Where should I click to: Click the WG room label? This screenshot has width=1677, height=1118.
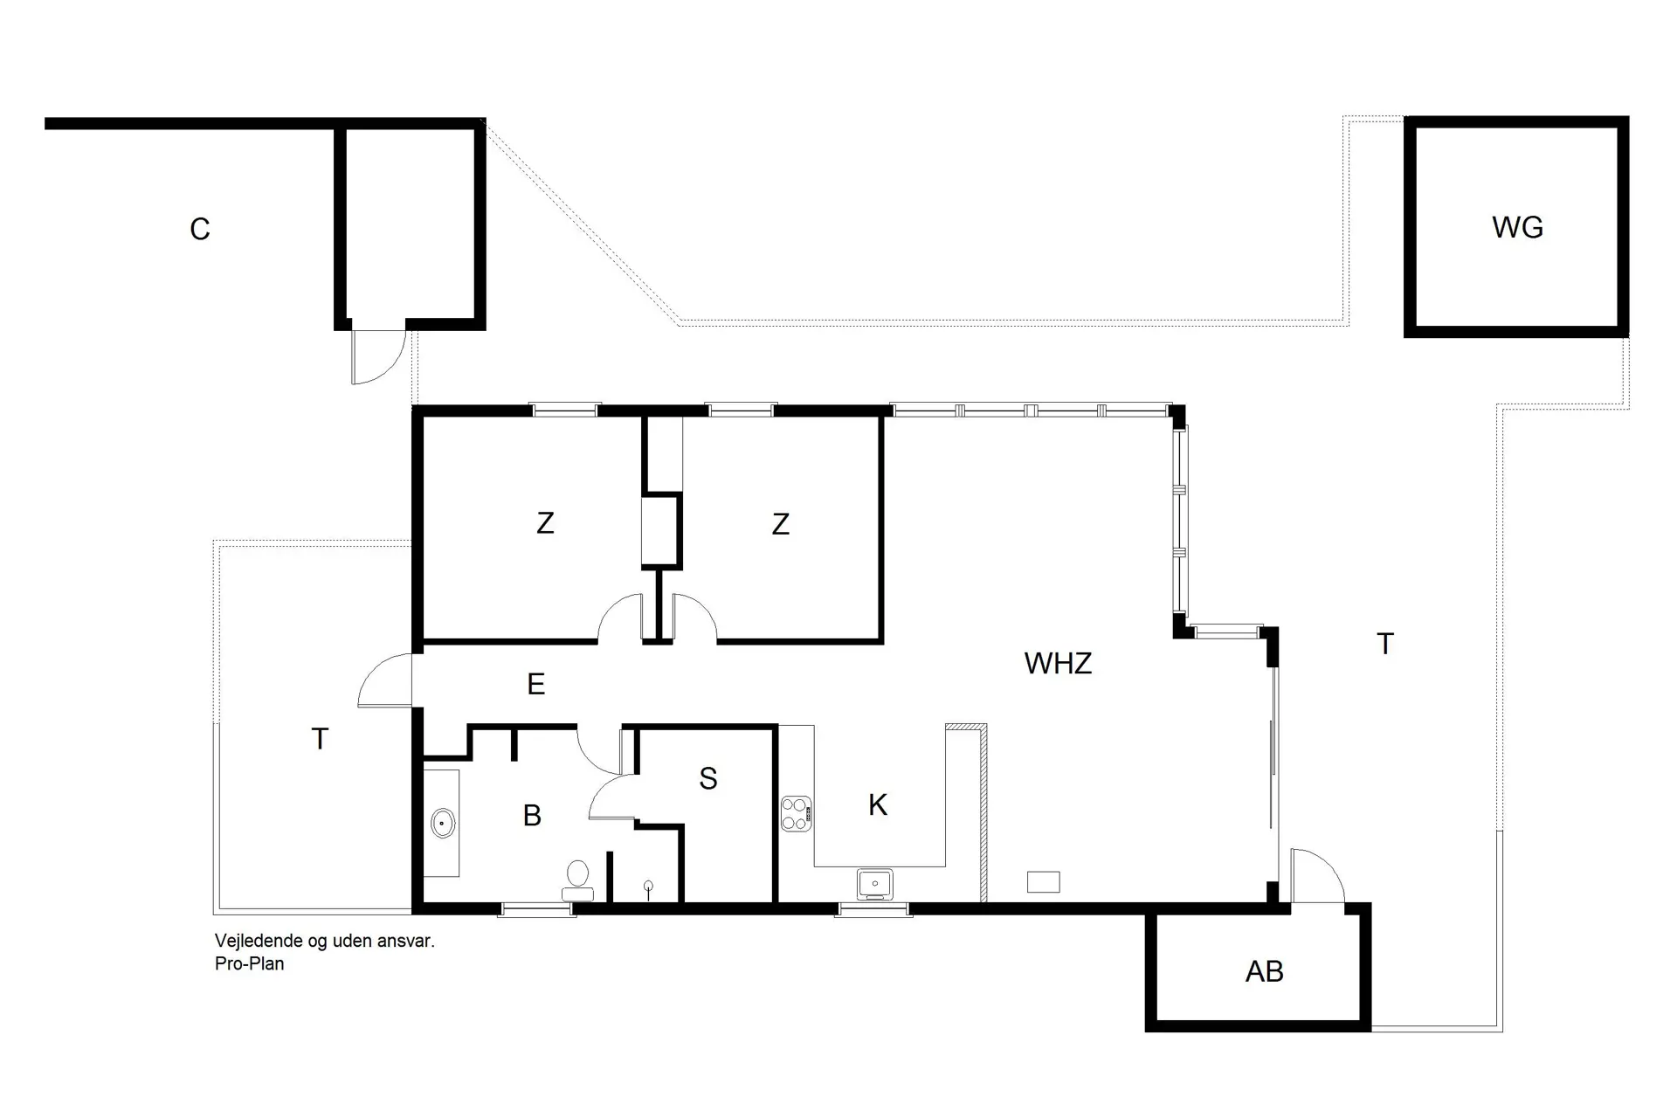pos(1517,227)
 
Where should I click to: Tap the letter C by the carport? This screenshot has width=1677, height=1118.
pos(200,230)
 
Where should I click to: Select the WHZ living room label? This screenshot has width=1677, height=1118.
pos(1058,664)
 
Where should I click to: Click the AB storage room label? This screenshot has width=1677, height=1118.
pos(1264,971)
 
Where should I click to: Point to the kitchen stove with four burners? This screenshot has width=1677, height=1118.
pos(796,813)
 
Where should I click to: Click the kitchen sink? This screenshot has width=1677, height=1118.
pos(874,883)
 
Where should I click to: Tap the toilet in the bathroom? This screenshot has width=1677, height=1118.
pos(577,877)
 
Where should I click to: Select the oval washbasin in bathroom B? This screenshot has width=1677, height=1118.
pos(443,823)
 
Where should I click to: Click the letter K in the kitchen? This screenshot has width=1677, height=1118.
pos(878,804)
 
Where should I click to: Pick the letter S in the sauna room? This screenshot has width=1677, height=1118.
pos(708,778)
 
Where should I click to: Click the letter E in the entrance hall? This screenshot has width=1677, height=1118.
pos(536,684)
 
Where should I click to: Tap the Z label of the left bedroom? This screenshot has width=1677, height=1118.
pos(545,523)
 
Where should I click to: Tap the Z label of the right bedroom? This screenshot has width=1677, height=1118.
pos(781,524)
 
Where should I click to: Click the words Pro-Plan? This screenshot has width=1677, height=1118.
pos(250,964)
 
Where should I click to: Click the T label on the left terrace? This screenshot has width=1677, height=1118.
pos(320,740)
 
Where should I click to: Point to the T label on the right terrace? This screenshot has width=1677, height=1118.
pos(1384,645)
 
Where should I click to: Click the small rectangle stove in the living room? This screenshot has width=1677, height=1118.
pos(1043,882)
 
